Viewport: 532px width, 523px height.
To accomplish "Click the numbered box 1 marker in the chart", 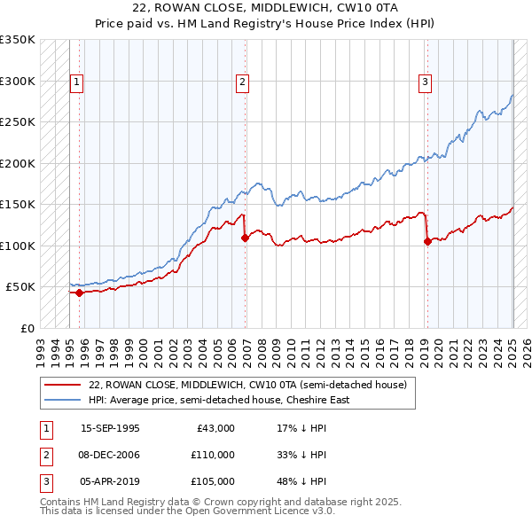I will pyautogui.click(x=77, y=82).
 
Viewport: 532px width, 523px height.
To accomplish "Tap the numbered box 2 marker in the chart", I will pyautogui.click(x=242, y=82).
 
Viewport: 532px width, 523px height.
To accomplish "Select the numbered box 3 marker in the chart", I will pyautogui.click(x=426, y=82).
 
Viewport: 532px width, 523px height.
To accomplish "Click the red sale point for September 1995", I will pyautogui.click(x=79, y=293).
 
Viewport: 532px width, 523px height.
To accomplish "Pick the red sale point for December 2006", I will pyautogui.click(x=246, y=238).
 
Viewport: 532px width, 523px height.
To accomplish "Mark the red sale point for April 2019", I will pyautogui.click(x=427, y=241).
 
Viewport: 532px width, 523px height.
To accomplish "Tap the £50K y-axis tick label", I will pyautogui.click(x=20, y=287).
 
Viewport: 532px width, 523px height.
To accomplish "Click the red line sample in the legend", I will pyautogui.click(x=63, y=385).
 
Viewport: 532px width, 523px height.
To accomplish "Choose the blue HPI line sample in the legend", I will pyautogui.click(x=63, y=400).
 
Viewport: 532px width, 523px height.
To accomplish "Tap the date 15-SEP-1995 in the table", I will pyautogui.click(x=110, y=428).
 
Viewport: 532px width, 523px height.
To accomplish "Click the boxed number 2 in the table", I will pyautogui.click(x=45, y=455).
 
